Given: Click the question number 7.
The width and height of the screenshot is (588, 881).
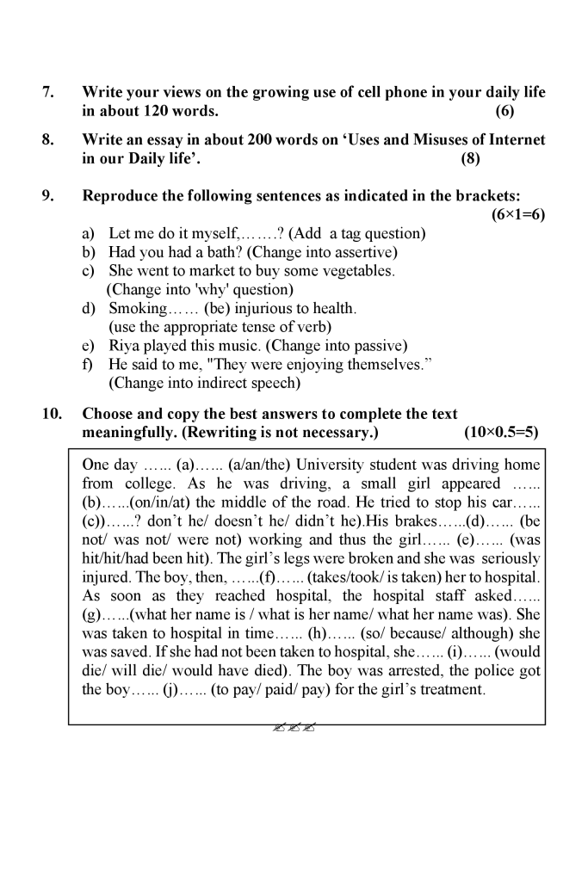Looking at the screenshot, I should [48, 92].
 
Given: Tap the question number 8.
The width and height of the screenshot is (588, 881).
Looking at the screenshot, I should [48, 139].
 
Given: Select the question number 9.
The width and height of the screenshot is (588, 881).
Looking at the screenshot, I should [48, 196].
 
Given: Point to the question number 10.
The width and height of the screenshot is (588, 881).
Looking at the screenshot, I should [53, 414].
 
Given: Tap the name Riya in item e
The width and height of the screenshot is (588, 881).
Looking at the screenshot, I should [123, 346].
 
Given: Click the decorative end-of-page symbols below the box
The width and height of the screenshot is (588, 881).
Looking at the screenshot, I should [293, 727].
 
